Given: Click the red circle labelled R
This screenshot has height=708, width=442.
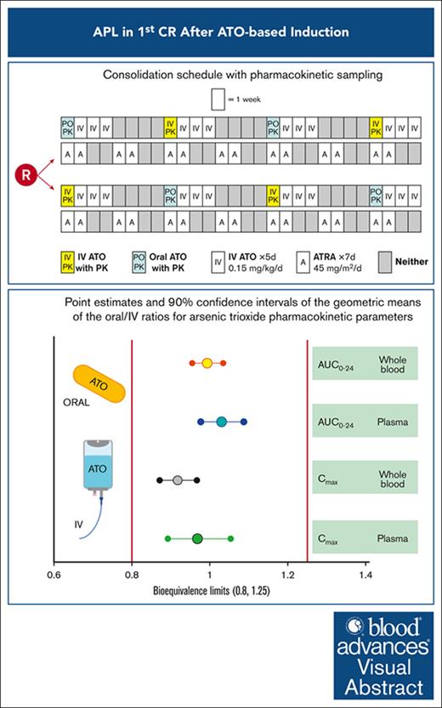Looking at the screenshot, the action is (x=26, y=175).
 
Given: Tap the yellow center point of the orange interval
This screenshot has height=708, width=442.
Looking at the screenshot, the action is (x=207, y=363).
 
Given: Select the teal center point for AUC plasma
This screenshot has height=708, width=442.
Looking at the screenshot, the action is (x=221, y=422).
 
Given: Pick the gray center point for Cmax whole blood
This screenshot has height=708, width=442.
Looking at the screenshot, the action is (x=178, y=480).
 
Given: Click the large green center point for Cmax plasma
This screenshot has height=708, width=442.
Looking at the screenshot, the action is (x=197, y=538).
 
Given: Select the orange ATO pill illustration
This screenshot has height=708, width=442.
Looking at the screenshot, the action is (x=99, y=384).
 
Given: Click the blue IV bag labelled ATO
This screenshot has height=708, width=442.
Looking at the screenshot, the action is (x=97, y=468).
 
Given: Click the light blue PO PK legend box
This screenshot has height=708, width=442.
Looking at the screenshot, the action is (x=139, y=262).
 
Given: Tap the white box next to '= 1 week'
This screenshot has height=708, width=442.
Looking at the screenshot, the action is (x=218, y=99).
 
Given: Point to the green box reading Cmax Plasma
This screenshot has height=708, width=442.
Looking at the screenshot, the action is (x=365, y=537).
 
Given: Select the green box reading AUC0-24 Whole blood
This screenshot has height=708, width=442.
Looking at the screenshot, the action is (x=365, y=364).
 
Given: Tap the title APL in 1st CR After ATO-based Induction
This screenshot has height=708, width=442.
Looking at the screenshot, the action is (x=221, y=32).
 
